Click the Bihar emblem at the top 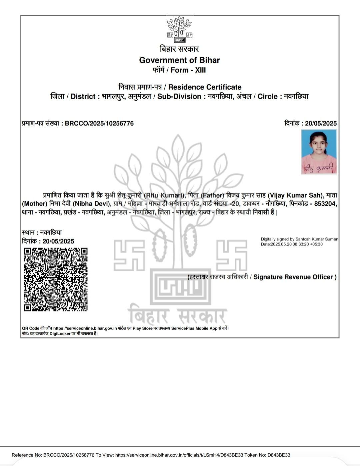pos(180,30)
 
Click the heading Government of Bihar pos(179,60)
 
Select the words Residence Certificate pos(205,87)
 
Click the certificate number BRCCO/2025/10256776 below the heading pos(99,124)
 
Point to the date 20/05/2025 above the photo pos(321,124)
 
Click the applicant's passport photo pos(319,152)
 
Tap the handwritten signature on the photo pos(319,169)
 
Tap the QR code pos(56,279)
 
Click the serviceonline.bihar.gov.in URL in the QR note pos(85,328)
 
